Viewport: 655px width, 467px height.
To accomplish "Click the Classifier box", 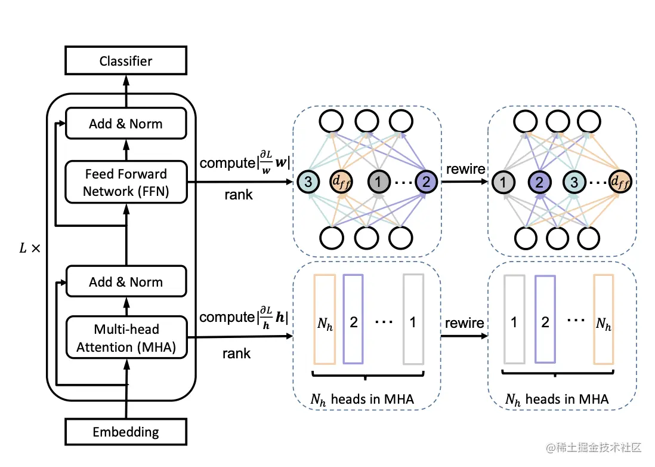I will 125,61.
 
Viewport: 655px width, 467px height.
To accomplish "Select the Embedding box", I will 125,432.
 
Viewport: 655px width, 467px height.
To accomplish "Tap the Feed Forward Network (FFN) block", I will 125,183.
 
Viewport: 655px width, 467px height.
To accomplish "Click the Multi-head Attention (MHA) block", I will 125,338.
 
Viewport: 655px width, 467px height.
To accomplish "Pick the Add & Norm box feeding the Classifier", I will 125,124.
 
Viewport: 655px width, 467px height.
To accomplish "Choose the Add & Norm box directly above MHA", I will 125,282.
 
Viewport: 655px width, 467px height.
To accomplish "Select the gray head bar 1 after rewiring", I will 514,319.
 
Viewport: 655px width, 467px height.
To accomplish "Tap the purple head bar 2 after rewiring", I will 545,319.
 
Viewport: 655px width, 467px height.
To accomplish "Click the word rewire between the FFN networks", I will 465,169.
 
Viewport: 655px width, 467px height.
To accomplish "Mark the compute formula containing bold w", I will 245,162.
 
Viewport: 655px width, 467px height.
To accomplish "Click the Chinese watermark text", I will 597,447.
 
